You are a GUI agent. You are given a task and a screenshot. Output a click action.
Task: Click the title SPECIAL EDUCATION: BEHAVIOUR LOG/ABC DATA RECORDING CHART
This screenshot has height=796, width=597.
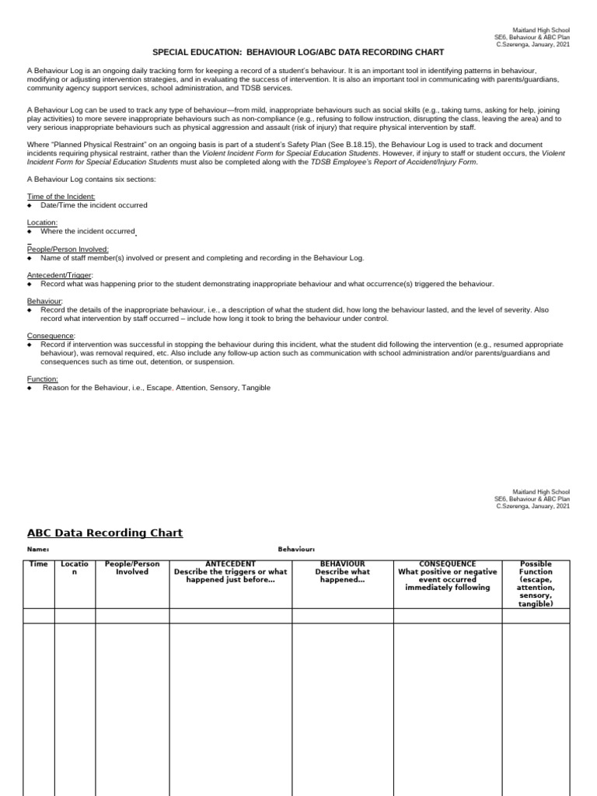pyautogui.click(x=298, y=52)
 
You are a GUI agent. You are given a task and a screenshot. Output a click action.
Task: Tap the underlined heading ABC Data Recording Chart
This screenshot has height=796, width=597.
pyautogui.click(x=105, y=532)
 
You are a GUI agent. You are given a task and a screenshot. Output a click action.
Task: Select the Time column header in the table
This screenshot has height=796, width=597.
pyautogui.click(x=38, y=564)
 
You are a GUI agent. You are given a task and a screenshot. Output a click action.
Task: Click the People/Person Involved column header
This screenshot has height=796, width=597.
pyautogui.click(x=132, y=568)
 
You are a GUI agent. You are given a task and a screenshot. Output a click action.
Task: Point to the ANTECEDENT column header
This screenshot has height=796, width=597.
pyautogui.click(x=230, y=571)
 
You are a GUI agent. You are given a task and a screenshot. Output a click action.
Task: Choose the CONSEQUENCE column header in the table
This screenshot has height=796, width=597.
pyautogui.click(x=447, y=575)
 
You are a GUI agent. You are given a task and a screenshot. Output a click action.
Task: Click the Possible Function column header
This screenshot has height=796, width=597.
pyautogui.click(x=536, y=583)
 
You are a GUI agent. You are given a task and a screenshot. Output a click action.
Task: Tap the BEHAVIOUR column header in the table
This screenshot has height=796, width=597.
pyautogui.click(x=342, y=571)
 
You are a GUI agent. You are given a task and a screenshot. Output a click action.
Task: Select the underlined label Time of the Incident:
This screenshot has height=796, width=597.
pyautogui.click(x=59, y=197)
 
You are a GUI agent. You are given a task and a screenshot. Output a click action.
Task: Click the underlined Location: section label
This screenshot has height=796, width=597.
pyautogui.click(x=42, y=222)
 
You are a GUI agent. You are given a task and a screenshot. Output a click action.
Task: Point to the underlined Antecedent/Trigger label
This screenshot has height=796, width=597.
pyautogui.click(x=59, y=274)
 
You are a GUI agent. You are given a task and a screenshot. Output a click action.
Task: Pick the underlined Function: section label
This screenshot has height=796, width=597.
pyautogui.click(x=43, y=379)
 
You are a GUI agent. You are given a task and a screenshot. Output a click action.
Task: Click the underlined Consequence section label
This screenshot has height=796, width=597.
pyautogui.click(x=51, y=335)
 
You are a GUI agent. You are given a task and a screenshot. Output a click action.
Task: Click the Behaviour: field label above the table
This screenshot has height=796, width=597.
pyautogui.click(x=296, y=550)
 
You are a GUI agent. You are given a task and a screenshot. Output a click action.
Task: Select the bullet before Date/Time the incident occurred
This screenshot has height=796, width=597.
pyautogui.click(x=30, y=205)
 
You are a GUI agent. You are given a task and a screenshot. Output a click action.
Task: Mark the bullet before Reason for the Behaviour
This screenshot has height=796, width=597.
pyautogui.click(x=30, y=388)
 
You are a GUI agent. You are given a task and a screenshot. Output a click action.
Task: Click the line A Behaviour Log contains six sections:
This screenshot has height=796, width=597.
pyautogui.click(x=92, y=179)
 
